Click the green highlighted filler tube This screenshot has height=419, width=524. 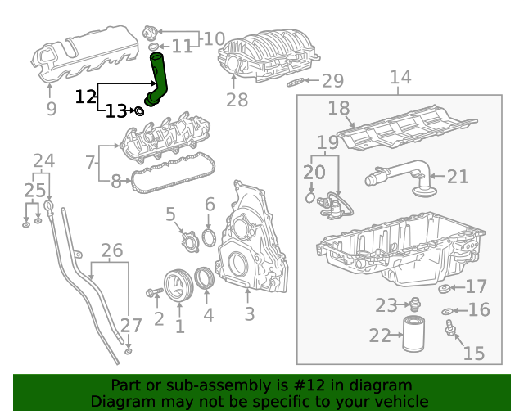(159, 78)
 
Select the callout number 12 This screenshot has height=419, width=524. (86, 97)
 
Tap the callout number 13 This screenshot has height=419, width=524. (116, 110)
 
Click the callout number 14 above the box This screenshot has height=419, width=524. (400, 78)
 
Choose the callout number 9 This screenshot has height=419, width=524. (51, 107)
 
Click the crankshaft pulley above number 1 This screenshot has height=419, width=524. (176, 285)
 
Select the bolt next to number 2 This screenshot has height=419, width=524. (154, 292)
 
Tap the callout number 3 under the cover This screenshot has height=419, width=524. (249, 313)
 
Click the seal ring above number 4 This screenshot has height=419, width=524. (207, 279)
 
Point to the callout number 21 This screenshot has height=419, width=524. (458, 176)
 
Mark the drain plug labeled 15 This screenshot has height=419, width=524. (449, 330)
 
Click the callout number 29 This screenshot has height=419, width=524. (332, 80)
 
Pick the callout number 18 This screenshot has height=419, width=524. (339, 108)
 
